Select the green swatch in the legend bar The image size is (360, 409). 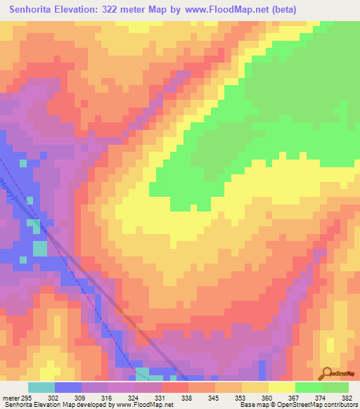(x=309, y=387)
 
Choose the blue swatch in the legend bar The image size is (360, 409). (x=68, y=387)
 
